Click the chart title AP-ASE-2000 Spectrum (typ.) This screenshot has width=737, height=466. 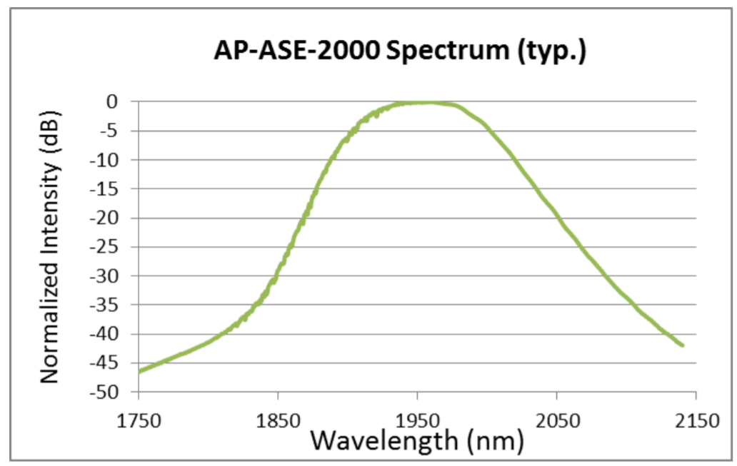[x=401, y=52]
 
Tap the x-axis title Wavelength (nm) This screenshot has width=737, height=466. [x=418, y=440]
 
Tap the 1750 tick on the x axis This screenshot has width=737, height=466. [x=138, y=420]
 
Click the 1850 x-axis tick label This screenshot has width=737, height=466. [x=278, y=420]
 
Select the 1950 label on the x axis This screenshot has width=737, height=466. [x=417, y=420]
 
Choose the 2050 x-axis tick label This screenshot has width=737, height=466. [x=556, y=420]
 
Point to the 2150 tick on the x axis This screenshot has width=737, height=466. [x=696, y=420]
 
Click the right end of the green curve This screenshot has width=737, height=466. [x=683, y=345]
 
